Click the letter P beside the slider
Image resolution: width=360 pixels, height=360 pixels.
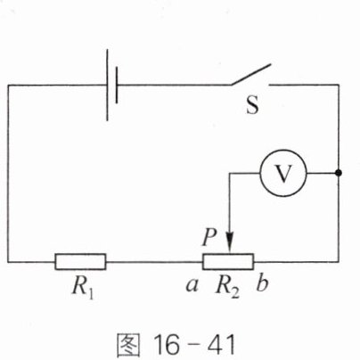(x=209, y=237)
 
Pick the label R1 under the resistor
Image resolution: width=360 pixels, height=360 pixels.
(x=84, y=287)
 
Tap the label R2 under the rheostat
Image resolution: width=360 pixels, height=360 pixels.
(x=227, y=287)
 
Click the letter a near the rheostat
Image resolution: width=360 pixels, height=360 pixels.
(x=192, y=285)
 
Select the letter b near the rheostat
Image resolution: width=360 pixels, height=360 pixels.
(x=262, y=283)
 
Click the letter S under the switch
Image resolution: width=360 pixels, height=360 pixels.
(x=252, y=104)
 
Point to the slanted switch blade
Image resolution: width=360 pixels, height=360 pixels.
(x=251, y=74)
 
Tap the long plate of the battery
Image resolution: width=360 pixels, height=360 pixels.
(x=107, y=85)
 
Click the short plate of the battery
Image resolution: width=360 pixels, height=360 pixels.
(x=117, y=85)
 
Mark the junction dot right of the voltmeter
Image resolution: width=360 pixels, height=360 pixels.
(x=339, y=173)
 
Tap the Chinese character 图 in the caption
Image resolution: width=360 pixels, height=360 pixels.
(x=128, y=345)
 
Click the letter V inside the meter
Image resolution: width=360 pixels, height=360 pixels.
(x=283, y=173)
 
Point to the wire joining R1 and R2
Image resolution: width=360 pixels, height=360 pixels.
(x=154, y=262)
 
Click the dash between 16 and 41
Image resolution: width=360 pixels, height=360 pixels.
(x=193, y=346)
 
